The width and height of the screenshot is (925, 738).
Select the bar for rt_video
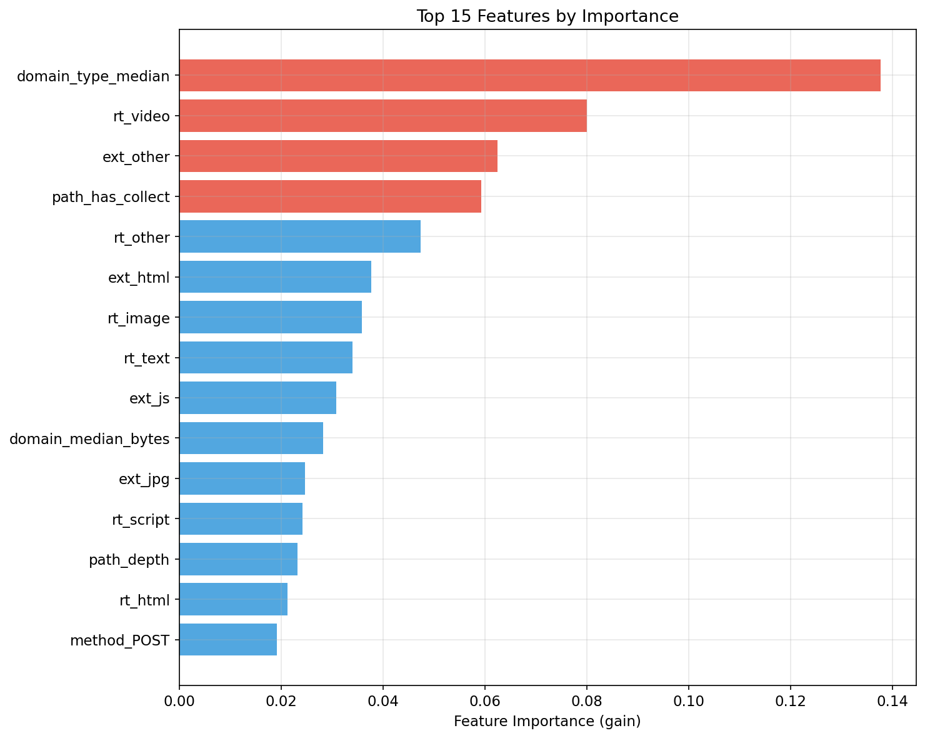point(382,116)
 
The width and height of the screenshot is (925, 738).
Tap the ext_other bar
point(338,156)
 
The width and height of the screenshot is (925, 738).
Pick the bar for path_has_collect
point(330,196)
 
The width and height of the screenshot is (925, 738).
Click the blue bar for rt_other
point(300,236)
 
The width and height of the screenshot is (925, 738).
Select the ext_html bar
point(275,277)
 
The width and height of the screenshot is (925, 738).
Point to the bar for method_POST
point(228,640)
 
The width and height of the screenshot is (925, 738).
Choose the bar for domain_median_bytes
point(251,438)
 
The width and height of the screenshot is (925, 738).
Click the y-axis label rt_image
point(139,318)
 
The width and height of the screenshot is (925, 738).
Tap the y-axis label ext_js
point(149,398)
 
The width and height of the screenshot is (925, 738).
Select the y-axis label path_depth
point(129,560)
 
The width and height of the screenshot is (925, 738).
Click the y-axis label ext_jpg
point(144,479)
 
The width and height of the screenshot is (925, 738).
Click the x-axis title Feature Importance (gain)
point(547,721)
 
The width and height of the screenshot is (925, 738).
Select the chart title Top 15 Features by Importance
point(547,16)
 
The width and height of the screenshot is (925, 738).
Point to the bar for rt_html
point(233,600)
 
